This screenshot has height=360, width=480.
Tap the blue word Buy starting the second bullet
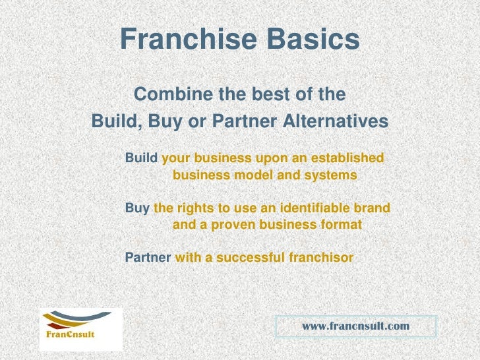(137, 208)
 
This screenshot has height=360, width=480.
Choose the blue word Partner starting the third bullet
(148, 257)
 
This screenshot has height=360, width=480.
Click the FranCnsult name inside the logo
(70, 334)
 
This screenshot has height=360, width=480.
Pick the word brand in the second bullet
(373, 208)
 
